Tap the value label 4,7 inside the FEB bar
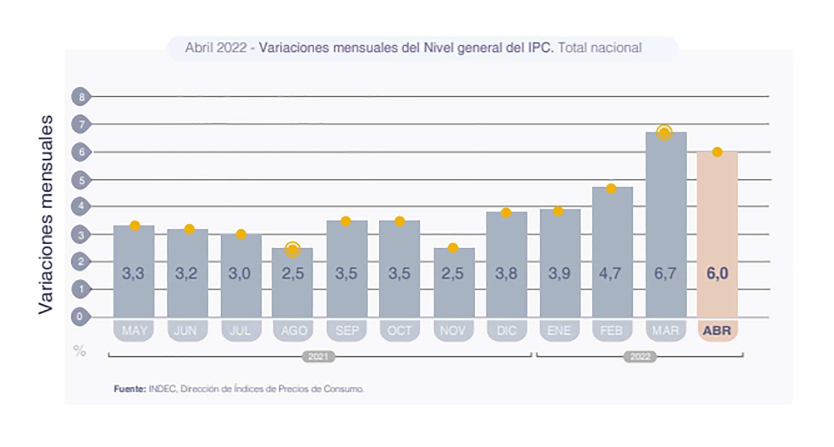610,273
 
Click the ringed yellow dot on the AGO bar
293,250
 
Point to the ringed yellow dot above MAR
664,132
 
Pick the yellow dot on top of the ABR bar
717,152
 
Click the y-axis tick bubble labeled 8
81,97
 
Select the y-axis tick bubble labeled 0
80,316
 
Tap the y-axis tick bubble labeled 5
81,180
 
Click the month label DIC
506,331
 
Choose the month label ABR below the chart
717,331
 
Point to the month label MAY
134,331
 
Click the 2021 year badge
318,357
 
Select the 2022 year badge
640,357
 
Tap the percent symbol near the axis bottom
79,351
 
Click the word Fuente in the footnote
129,389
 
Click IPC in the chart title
541,47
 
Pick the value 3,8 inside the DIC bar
506,273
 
